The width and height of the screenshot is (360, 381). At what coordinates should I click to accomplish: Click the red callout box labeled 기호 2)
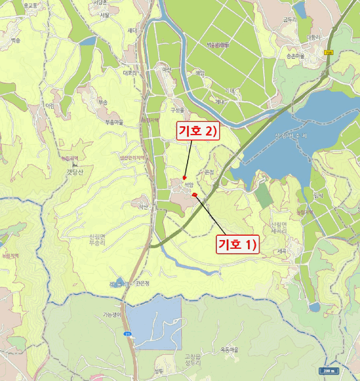[197, 131]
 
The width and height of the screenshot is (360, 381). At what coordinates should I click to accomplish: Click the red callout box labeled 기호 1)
[237, 244]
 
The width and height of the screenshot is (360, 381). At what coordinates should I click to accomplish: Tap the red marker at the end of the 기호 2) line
[185, 177]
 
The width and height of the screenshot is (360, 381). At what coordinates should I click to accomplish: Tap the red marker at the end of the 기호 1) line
[195, 193]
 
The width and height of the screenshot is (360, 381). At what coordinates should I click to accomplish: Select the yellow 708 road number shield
[328, 52]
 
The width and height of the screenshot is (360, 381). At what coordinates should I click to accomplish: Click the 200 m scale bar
[327, 371]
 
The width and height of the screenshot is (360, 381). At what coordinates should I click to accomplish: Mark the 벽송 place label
[15, 40]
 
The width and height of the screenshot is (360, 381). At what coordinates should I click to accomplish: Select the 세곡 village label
[281, 251]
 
